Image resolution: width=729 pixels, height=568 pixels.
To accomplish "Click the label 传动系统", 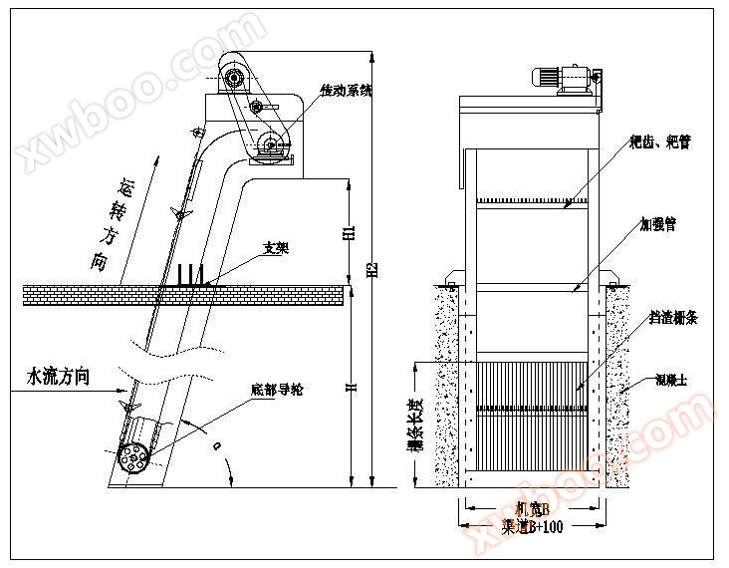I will point(346,91).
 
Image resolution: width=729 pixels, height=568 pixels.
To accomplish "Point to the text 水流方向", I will point(59,377).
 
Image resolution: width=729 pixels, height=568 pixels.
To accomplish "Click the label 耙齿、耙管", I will point(660,142).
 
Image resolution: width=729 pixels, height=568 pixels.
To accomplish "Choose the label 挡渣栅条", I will point(673,317).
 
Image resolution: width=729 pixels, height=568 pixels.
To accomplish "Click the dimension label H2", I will point(371,269).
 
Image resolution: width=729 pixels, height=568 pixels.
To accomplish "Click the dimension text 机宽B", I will point(534,509).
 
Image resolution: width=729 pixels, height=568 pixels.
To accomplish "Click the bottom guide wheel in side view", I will point(133,455).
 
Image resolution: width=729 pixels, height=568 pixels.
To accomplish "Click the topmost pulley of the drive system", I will point(235,76).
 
